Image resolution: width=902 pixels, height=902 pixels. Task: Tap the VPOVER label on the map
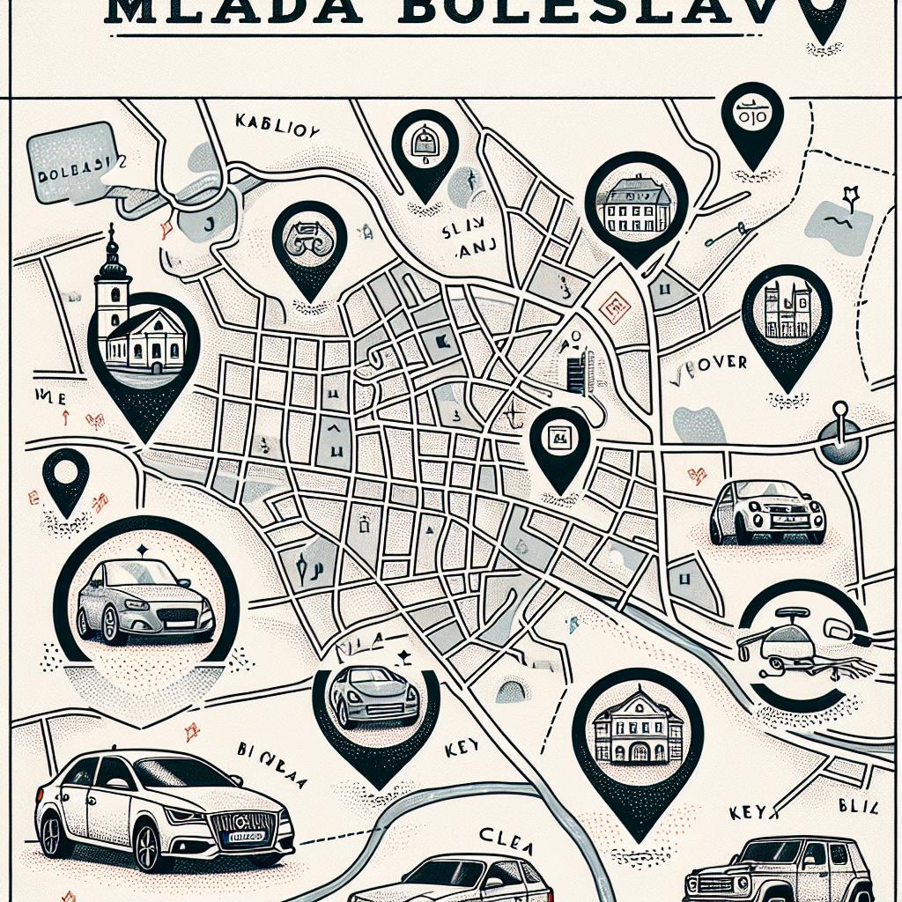tap(714, 363)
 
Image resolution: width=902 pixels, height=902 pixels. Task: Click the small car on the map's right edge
tap(767, 512)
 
